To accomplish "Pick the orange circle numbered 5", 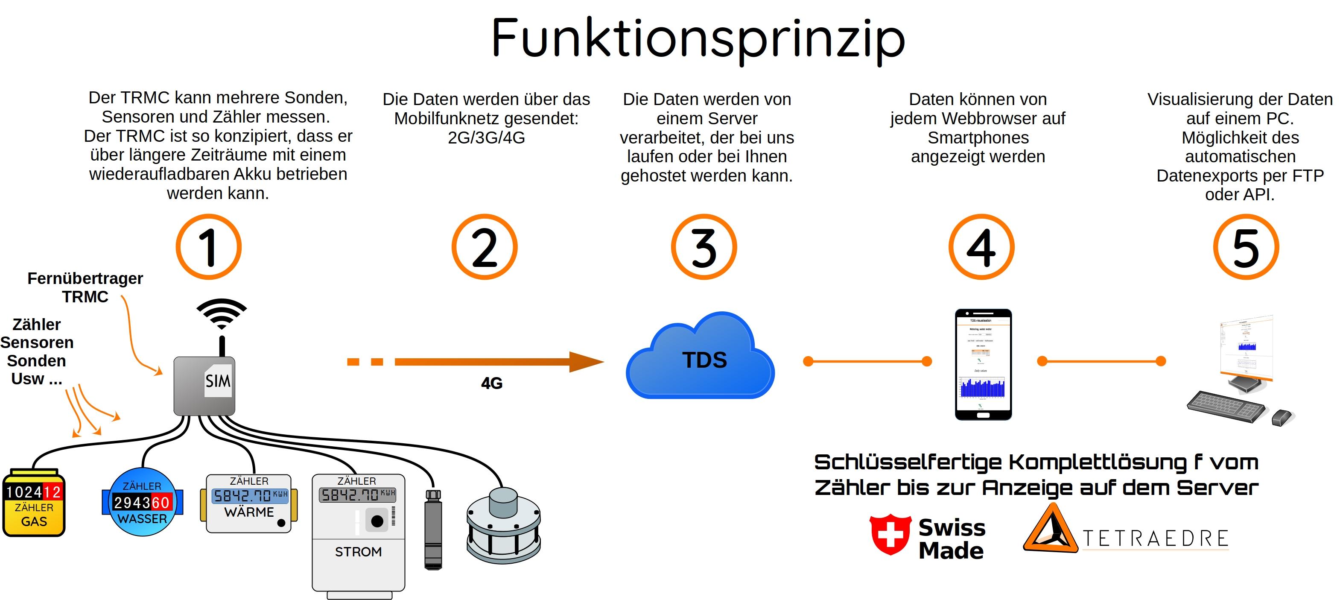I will (1245, 247).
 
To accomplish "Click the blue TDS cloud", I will (700, 359).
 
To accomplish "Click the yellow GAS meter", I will (34, 504).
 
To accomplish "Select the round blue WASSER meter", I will (142, 502).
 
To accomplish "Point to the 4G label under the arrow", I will (492, 383).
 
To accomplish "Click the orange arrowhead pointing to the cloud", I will (585, 362).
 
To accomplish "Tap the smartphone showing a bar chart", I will (983, 364).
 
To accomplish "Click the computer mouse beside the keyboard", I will (1282, 417).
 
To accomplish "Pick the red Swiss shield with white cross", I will (890, 534).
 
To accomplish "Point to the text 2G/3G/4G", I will (486, 138).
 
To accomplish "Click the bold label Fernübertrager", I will (85, 279).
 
